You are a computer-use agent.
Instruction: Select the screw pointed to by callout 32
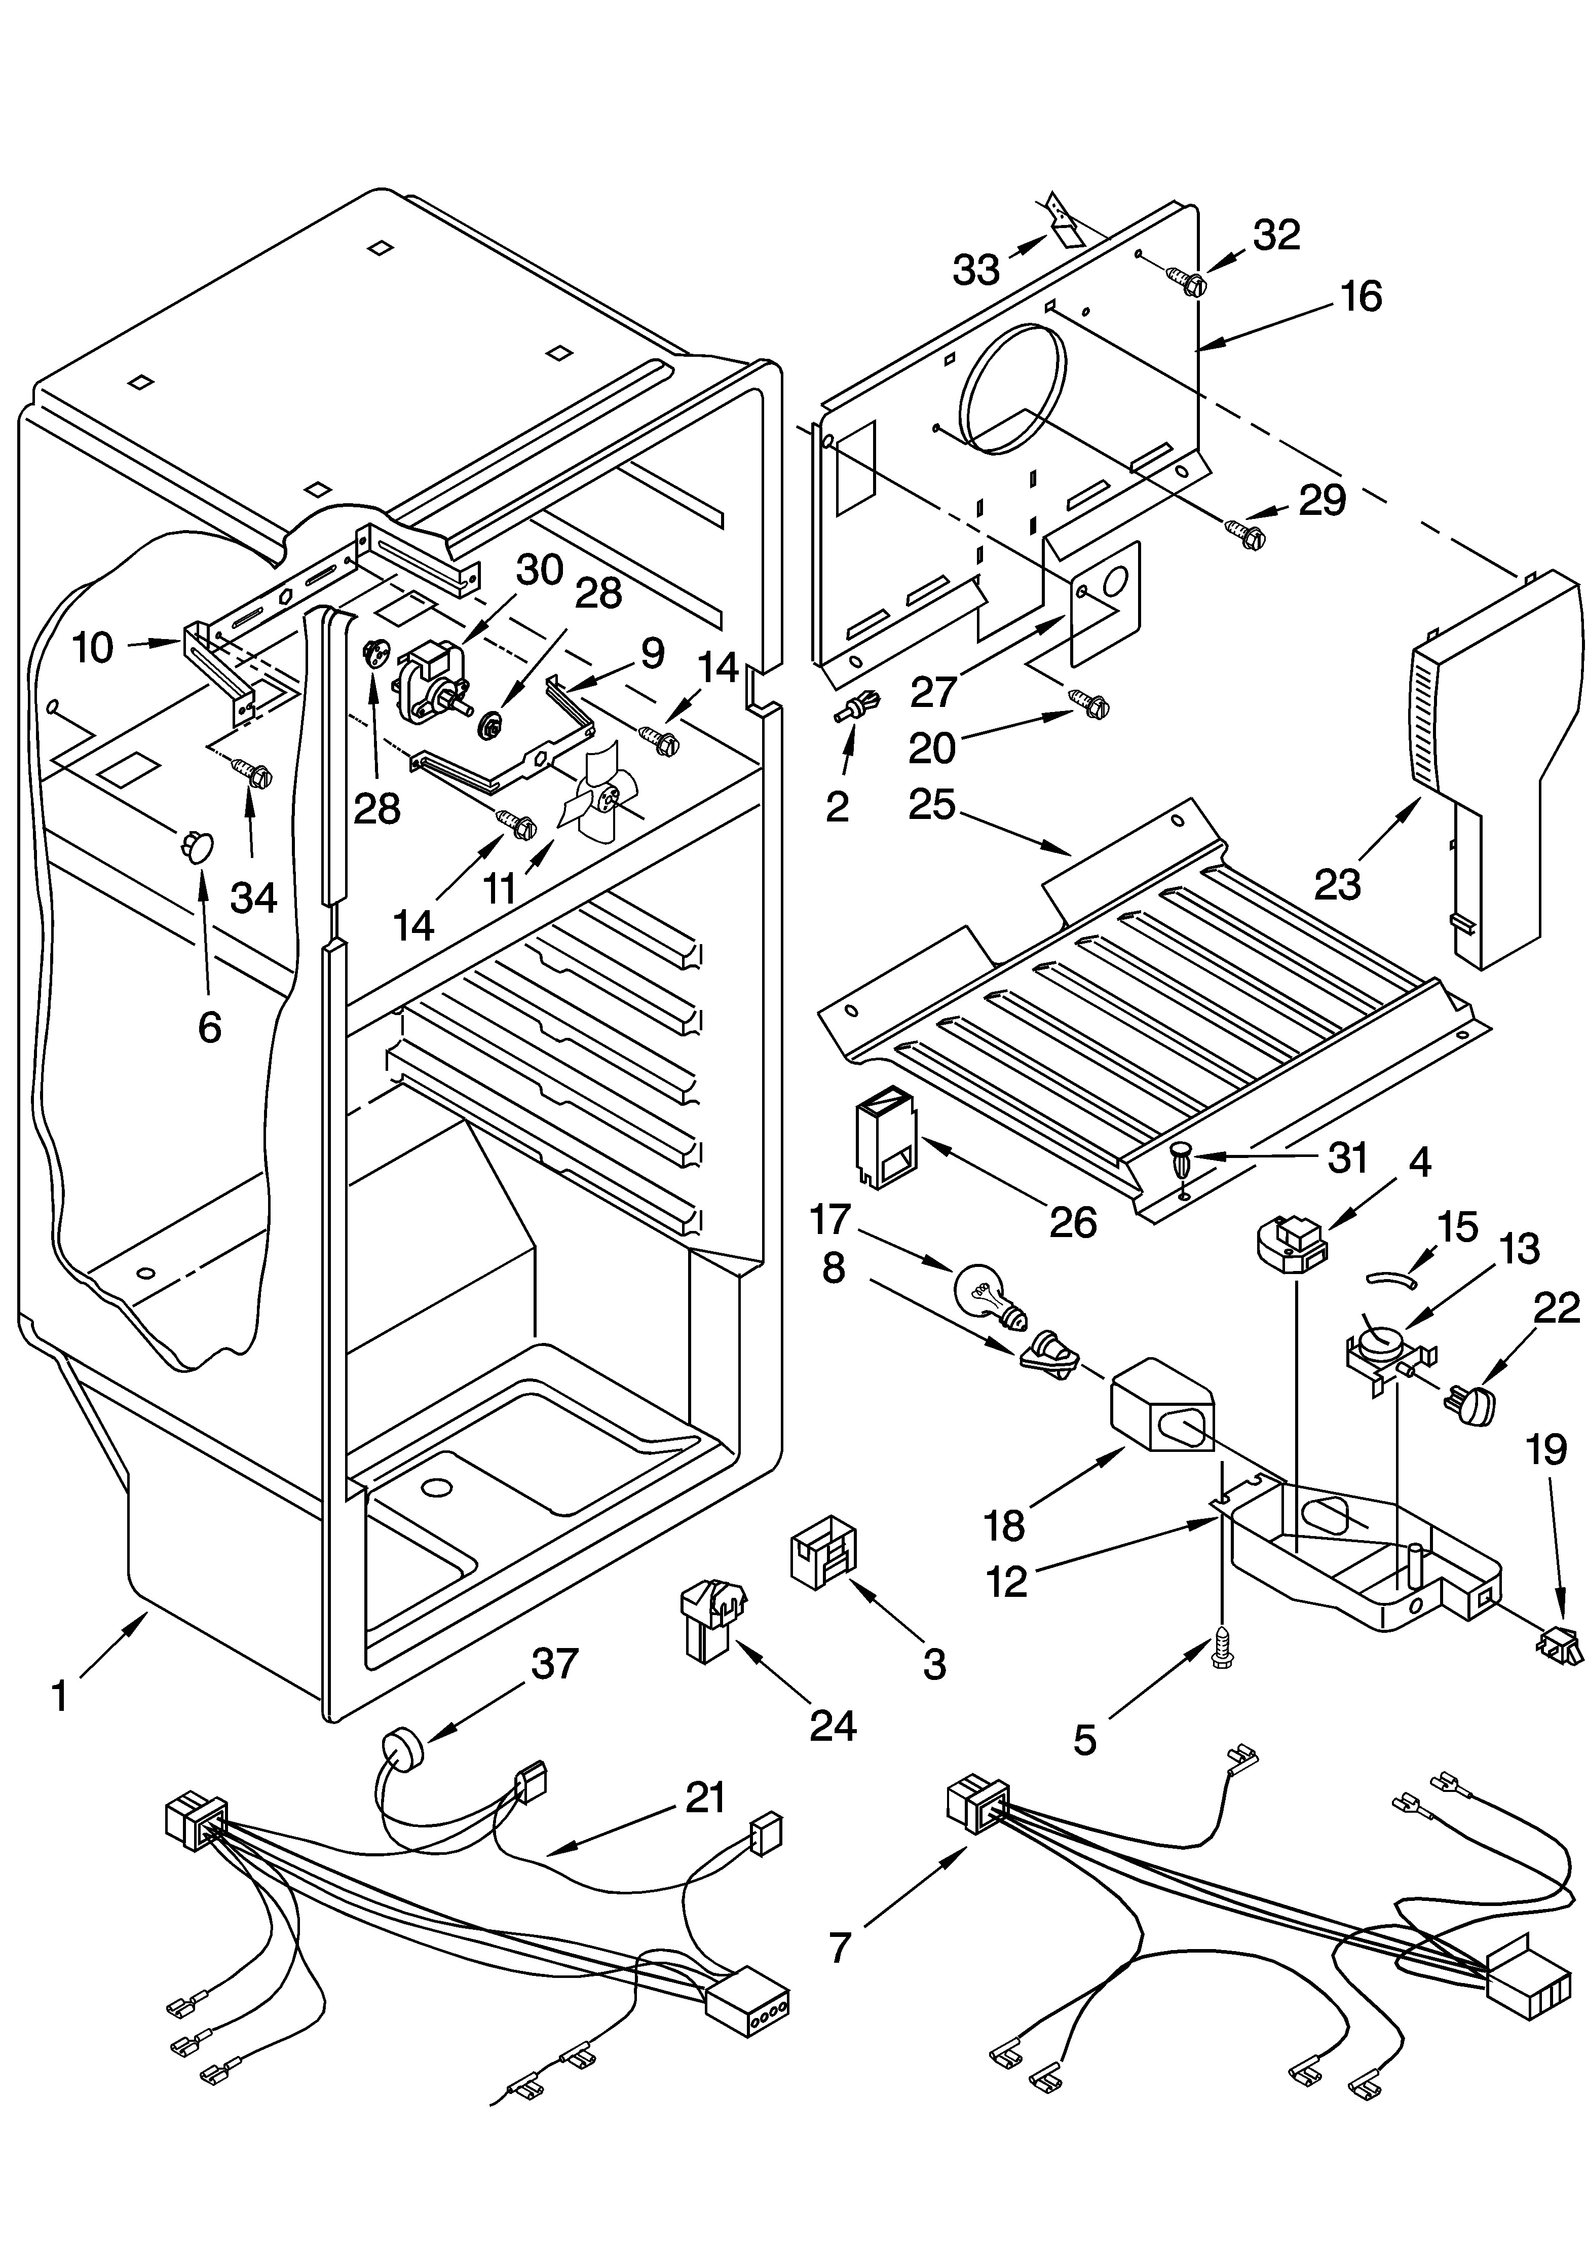[1187, 281]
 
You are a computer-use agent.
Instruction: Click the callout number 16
[1361, 296]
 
